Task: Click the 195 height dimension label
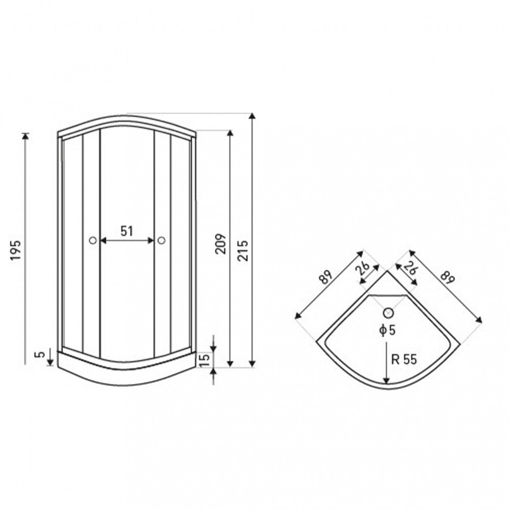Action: coord(16,250)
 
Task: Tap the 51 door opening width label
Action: coord(127,231)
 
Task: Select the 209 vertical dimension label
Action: coord(220,244)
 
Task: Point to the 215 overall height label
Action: coord(243,250)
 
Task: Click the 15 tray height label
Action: coord(204,361)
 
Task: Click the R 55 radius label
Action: coord(404,360)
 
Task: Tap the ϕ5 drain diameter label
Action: coord(388,330)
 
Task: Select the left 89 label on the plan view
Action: coord(325,277)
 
